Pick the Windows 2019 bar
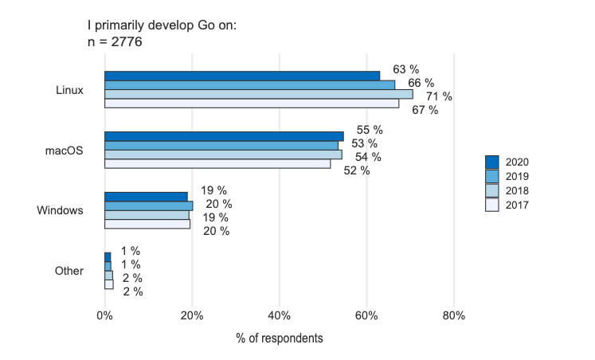[148, 205]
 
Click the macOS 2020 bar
[224, 136]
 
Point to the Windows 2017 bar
[147, 224]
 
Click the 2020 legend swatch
[492, 162]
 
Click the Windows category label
[61, 210]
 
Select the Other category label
[69, 271]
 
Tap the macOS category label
[64, 150]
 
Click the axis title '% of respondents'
[280, 338]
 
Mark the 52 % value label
[357, 170]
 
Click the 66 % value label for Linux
[421, 83]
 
